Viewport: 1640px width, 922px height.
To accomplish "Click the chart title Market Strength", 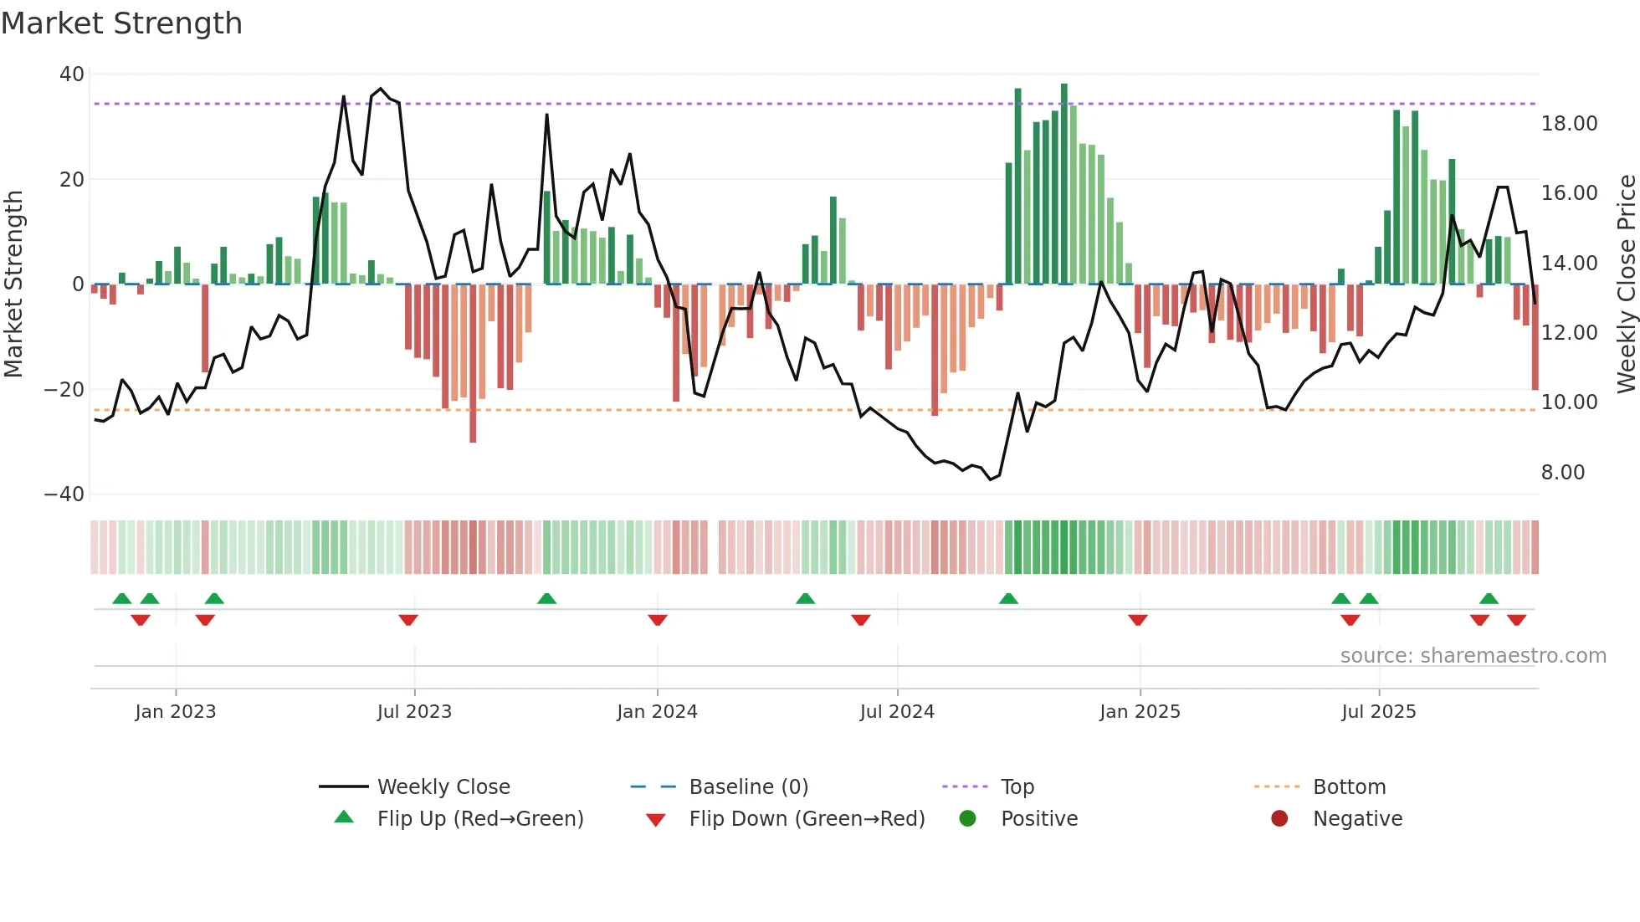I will (121, 23).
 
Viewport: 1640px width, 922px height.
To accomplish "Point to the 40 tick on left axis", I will (72, 74).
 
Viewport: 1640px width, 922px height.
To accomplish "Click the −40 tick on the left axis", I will (64, 494).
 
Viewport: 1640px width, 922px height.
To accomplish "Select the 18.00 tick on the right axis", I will (1569, 124).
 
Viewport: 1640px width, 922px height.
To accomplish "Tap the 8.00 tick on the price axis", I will (1563, 473).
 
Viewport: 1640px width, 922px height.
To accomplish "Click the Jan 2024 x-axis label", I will (657, 712).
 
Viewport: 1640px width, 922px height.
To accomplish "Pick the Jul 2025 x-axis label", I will (1378, 712).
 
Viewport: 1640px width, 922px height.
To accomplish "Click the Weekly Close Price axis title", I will (1626, 284).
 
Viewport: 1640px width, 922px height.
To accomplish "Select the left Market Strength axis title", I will (14, 284).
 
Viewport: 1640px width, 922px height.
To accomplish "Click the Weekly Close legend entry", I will (443, 787).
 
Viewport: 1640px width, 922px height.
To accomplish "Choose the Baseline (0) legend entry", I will (748, 787).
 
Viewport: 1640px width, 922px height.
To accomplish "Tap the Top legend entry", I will (1017, 787).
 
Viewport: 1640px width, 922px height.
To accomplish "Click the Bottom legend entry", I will (1349, 787).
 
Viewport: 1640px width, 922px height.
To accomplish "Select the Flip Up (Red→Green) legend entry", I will (479, 819).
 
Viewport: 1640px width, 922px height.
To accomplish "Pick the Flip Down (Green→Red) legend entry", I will (807, 819).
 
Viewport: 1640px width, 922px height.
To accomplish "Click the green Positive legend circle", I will (968, 819).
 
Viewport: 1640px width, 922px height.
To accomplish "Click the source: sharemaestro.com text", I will (1473, 656).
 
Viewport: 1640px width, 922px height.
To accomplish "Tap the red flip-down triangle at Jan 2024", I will (658, 620).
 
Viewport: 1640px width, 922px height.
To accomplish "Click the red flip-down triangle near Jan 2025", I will (1137, 620).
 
